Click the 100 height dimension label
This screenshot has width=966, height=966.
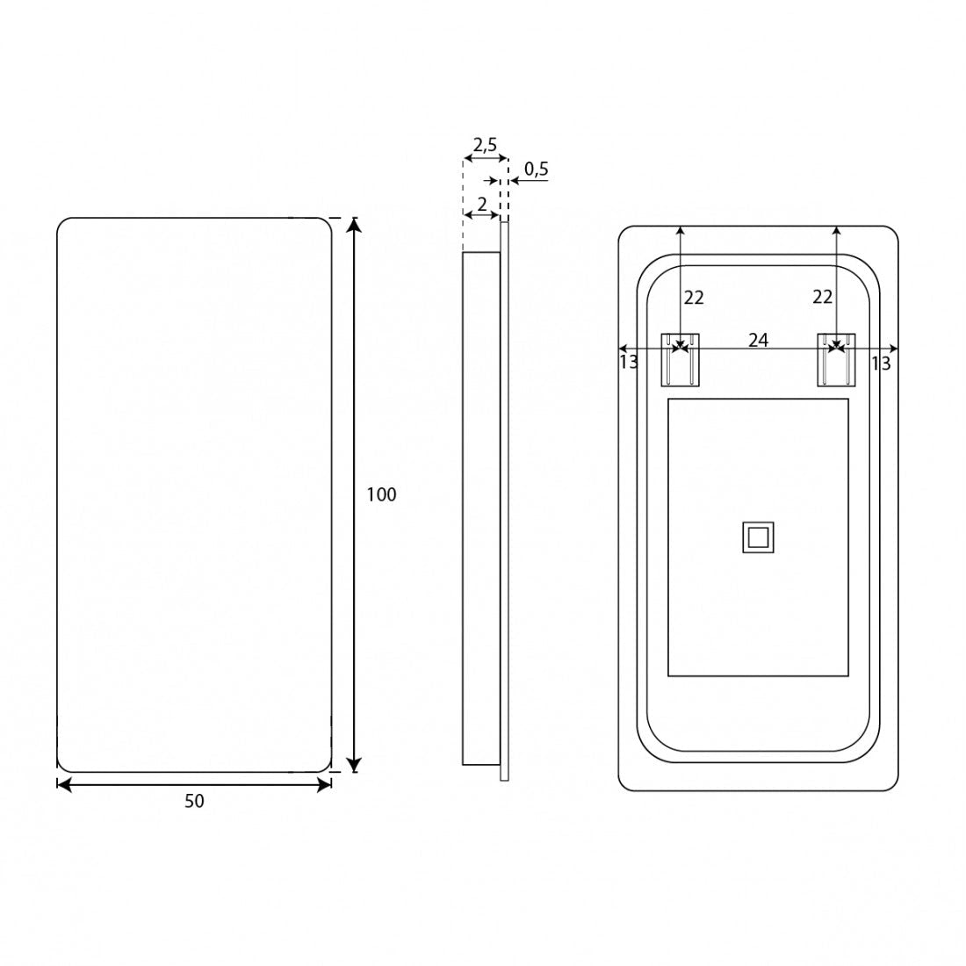point(381,494)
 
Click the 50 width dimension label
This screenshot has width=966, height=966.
point(194,801)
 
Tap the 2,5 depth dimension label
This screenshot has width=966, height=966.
point(485,146)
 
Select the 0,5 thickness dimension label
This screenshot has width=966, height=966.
point(536,169)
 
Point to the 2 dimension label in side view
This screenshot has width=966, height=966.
point(482,204)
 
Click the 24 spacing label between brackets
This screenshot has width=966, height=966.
point(759,340)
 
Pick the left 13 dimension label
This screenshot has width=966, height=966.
point(629,362)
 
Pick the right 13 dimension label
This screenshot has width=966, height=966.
point(881,364)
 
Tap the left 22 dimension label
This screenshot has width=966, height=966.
point(694,298)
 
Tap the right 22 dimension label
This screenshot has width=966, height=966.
point(823,297)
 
